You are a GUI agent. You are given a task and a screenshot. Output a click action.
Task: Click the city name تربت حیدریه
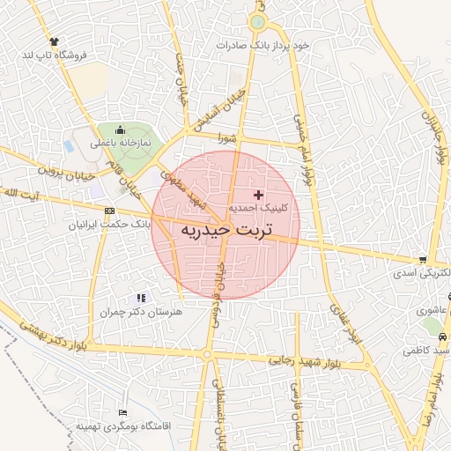tap(226, 229)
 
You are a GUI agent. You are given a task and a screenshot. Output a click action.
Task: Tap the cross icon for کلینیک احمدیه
tap(258, 194)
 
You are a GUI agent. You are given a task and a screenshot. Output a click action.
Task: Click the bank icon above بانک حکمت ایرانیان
tap(109, 211)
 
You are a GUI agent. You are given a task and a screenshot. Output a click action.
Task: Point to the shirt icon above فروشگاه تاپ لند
tap(55, 41)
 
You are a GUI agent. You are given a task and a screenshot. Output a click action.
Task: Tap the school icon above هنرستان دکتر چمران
tap(141, 299)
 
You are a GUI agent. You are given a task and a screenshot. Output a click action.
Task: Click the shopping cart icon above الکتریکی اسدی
tap(424, 260)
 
